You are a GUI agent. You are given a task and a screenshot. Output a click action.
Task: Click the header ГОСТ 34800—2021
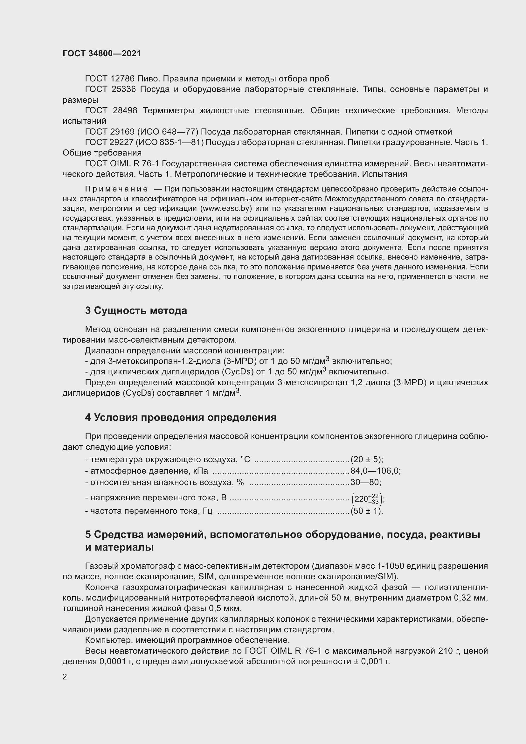pos(102,54)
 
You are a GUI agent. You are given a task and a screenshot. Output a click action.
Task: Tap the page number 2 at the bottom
pos(65,677)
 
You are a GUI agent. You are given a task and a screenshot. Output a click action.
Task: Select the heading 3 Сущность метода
pos(136,310)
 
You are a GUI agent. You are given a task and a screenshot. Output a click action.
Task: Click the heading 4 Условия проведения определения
pos(181,417)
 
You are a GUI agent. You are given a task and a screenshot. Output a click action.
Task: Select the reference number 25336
pos(124,89)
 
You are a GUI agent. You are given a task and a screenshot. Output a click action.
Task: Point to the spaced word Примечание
pos(116,189)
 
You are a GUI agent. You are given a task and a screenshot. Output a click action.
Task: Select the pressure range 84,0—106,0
pos(375,471)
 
